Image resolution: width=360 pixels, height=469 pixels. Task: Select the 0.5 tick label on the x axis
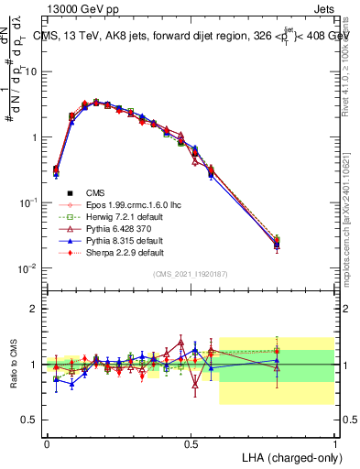pos(191,442)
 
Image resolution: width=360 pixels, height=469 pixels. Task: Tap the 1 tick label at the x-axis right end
pos(334,442)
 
